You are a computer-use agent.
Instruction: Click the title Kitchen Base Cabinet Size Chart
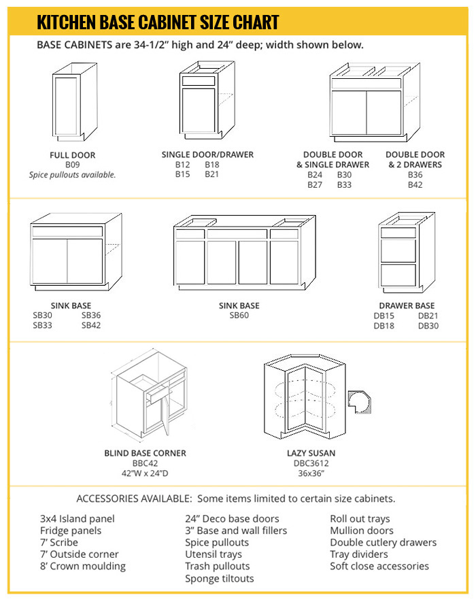click(x=158, y=22)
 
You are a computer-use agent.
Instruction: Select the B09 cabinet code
click(x=73, y=165)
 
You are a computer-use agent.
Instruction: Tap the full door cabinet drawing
click(x=69, y=102)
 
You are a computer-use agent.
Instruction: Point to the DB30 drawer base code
click(x=428, y=326)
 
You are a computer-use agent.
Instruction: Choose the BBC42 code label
click(x=145, y=463)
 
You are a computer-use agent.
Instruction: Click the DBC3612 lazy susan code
click(x=311, y=463)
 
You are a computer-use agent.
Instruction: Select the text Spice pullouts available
click(x=73, y=175)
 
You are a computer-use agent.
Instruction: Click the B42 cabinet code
click(x=415, y=184)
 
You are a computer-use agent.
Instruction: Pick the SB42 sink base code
click(x=91, y=326)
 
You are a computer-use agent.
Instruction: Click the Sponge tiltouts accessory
click(x=219, y=578)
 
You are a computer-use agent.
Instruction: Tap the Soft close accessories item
click(x=379, y=566)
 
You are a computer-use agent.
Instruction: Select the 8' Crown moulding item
click(x=83, y=566)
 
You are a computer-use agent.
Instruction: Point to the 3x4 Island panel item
click(x=78, y=519)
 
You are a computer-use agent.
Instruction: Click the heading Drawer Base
click(x=407, y=305)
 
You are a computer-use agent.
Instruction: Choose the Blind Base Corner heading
click(x=145, y=453)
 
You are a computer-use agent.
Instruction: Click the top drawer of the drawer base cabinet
click(x=398, y=233)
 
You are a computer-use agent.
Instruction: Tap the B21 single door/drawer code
click(x=212, y=175)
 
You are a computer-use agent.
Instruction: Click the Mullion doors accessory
click(x=362, y=531)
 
